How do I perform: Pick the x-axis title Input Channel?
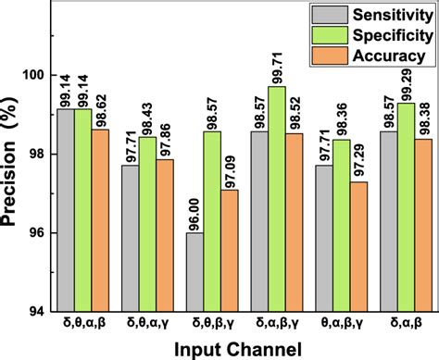(x=243, y=348)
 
